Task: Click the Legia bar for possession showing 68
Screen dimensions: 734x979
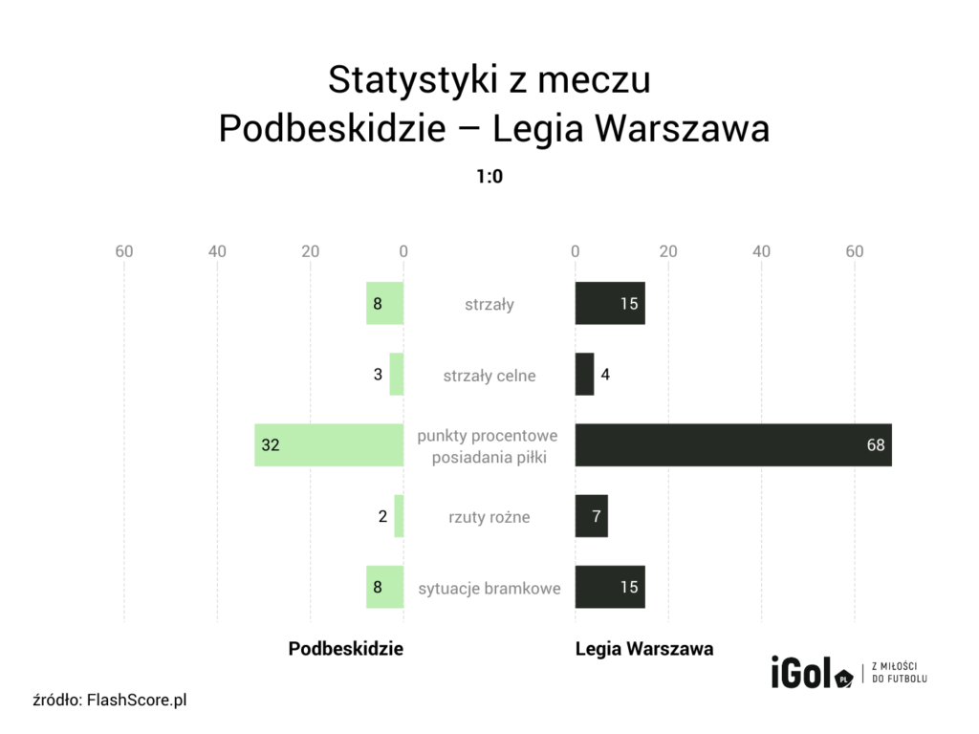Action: (732, 445)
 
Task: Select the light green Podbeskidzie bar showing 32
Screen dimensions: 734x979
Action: (329, 445)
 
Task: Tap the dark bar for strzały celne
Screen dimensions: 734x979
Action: (584, 375)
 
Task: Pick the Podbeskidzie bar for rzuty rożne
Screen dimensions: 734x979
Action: (399, 516)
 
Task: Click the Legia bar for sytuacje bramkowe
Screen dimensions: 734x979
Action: (610, 587)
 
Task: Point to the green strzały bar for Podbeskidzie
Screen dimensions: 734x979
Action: (384, 304)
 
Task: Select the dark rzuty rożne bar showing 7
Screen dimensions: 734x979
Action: (591, 516)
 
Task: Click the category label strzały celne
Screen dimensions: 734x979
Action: (489, 376)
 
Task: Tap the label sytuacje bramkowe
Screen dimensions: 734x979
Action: (489, 588)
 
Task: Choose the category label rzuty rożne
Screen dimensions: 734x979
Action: (489, 517)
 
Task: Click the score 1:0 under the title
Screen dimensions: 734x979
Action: (489, 177)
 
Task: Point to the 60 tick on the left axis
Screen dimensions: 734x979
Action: (123, 251)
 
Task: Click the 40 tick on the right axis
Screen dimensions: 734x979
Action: (761, 251)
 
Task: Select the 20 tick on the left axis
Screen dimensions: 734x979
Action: (310, 251)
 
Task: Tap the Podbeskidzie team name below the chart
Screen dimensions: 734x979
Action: (346, 648)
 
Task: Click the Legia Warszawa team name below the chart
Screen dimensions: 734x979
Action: (644, 648)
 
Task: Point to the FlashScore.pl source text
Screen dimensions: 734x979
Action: (136, 701)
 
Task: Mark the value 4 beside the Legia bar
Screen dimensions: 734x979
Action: (605, 375)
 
